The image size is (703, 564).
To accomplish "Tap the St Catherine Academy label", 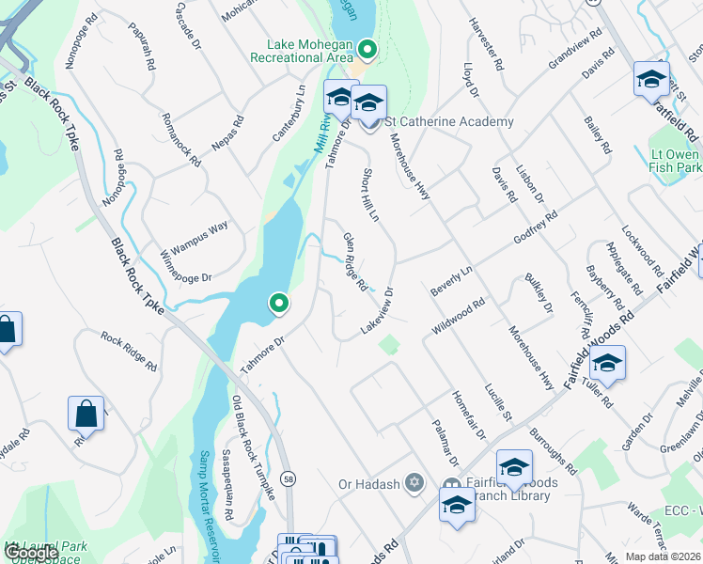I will tap(450, 122).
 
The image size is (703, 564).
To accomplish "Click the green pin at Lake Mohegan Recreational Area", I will tap(367, 50).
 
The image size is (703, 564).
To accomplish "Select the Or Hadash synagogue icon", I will tap(413, 484).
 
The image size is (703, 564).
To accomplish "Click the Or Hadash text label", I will tap(368, 485).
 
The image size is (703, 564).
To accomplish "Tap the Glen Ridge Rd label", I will tap(354, 261).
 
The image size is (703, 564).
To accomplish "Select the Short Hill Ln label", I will tap(369, 195).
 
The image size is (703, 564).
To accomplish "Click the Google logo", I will tap(30, 552).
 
